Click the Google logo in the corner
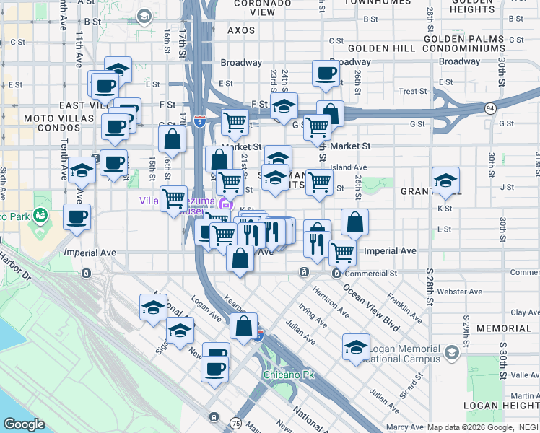24,424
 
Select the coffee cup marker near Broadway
326,72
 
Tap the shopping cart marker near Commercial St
342,253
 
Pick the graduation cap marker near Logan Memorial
356,346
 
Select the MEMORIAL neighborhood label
504,328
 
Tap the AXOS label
241,31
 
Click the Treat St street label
413,92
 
